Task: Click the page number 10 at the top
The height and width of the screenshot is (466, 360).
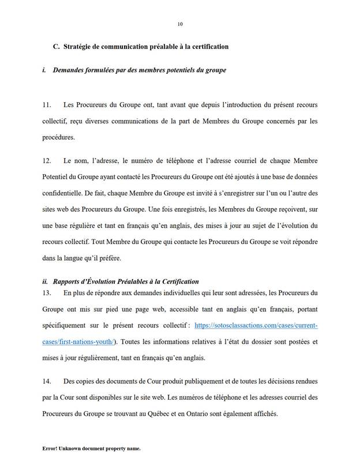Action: tap(180, 24)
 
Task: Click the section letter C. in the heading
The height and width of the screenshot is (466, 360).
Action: tap(57, 47)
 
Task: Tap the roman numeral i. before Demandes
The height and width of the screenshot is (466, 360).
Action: tap(44, 70)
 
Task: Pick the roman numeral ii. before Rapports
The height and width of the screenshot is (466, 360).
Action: tap(46, 281)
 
